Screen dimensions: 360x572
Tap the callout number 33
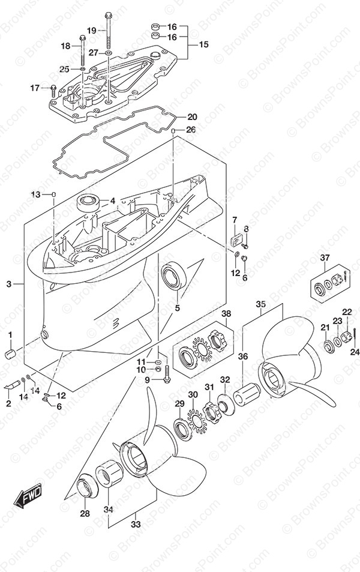pyautogui.click(x=136, y=525)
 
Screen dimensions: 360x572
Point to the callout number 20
pyautogui.click(x=192, y=117)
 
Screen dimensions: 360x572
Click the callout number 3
pyautogui.click(x=9, y=284)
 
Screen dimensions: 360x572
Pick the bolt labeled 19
pyautogui.click(x=108, y=31)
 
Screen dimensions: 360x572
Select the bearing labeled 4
pyautogui.click(x=88, y=202)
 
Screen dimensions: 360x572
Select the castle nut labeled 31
pyautogui.click(x=210, y=412)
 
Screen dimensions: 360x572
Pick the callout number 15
pyautogui.click(x=203, y=44)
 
